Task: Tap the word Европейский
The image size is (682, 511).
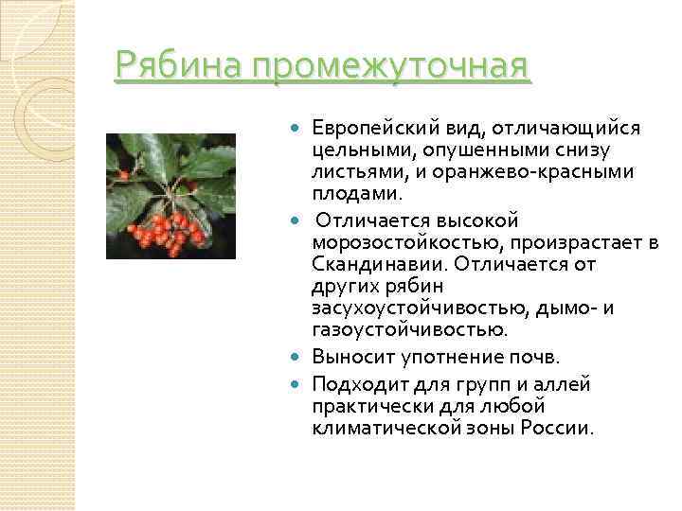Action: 376,129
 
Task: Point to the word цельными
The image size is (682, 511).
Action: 353,150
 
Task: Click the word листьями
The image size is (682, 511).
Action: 351,171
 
